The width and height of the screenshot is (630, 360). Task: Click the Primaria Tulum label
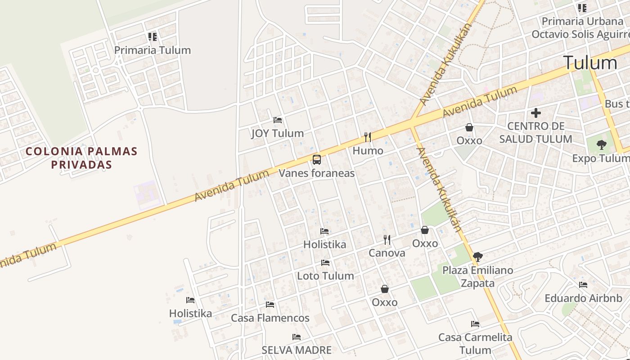pyautogui.click(x=152, y=50)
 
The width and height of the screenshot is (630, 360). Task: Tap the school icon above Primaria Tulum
pyautogui.click(x=152, y=37)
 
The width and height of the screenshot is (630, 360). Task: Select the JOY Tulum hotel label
pyautogui.click(x=277, y=133)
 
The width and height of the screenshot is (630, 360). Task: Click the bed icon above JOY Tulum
pyautogui.click(x=278, y=120)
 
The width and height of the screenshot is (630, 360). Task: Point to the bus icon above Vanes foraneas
pyautogui.click(x=317, y=160)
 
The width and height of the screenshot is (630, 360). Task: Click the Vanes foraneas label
pyautogui.click(x=316, y=173)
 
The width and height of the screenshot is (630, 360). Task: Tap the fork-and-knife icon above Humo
pyautogui.click(x=368, y=137)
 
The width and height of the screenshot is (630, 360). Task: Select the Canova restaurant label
pyautogui.click(x=387, y=253)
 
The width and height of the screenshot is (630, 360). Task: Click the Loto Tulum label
pyautogui.click(x=325, y=276)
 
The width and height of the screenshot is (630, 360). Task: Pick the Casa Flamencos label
pyautogui.click(x=270, y=318)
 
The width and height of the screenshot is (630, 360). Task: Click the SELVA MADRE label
pyautogui.click(x=297, y=350)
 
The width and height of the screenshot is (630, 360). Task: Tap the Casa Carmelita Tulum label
pyautogui.click(x=475, y=343)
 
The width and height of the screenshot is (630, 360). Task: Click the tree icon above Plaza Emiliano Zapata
pyautogui.click(x=477, y=257)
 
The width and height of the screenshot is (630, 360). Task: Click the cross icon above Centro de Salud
pyautogui.click(x=535, y=113)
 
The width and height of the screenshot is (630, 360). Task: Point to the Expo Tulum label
pyautogui.click(x=601, y=158)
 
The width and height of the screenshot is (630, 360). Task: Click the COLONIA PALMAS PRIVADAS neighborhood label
pyautogui.click(x=81, y=157)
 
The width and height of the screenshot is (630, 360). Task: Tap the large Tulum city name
pyautogui.click(x=590, y=63)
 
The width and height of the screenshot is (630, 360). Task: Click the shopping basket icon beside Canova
pyautogui.click(x=425, y=230)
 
